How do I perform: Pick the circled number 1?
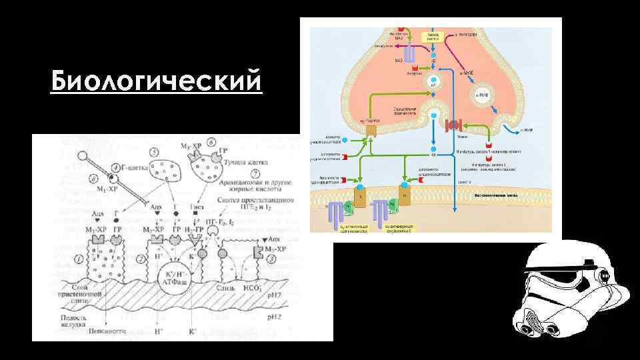pyautogui.click(x=79, y=258)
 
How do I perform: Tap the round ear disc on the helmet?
pyautogui.click(x=605, y=275)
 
